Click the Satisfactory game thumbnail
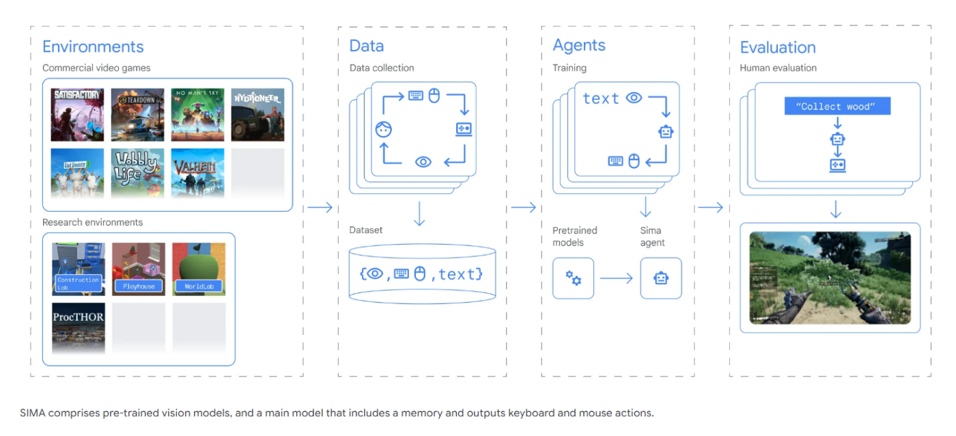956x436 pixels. [78, 115]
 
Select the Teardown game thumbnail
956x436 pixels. [138, 115]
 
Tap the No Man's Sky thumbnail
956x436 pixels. [197, 115]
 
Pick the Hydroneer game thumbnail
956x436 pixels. [257, 115]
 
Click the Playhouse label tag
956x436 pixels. [139, 286]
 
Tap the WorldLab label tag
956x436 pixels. [199, 286]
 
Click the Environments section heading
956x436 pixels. [93, 47]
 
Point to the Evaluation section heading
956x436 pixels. [778, 48]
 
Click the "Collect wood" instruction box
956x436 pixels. [838, 106]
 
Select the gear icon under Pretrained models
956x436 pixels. [573, 278]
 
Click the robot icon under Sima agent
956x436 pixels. [660, 278]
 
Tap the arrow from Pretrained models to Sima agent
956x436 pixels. [616, 278]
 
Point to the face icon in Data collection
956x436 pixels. [383, 129]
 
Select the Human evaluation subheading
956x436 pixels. [778, 68]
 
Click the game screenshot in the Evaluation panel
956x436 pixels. [830, 277]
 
